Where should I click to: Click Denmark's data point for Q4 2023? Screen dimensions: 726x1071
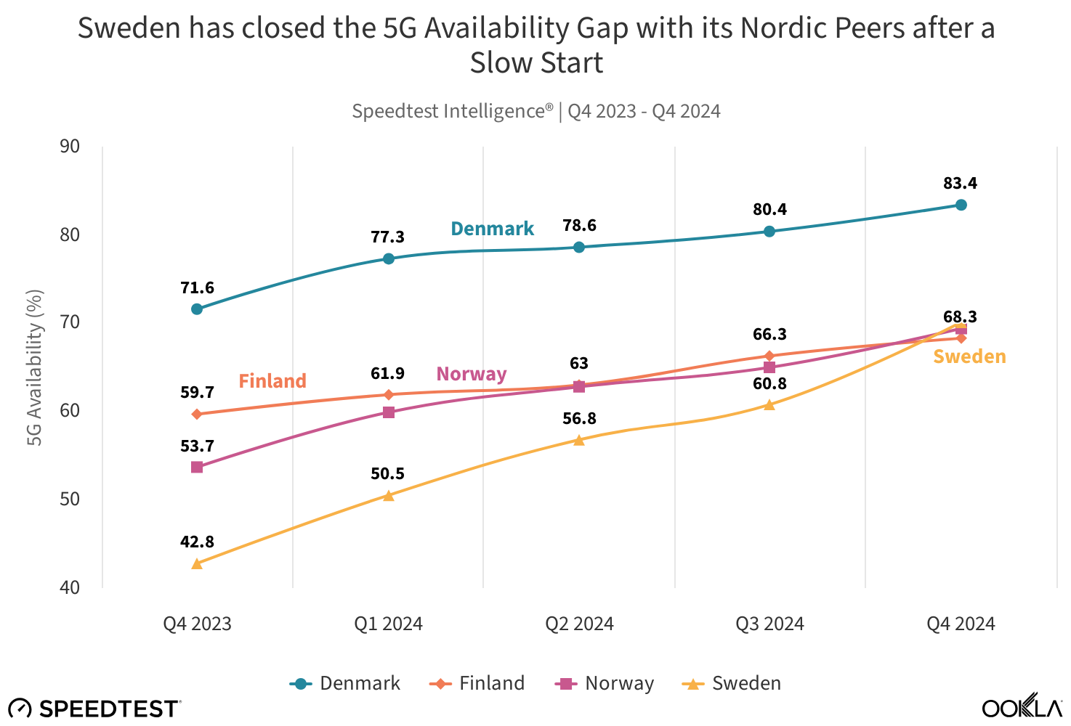coord(197,309)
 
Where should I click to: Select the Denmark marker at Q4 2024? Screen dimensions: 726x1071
coord(961,205)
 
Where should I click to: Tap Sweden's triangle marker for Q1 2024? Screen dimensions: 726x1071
coord(388,496)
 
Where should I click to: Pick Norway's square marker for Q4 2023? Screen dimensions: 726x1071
coord(197,468)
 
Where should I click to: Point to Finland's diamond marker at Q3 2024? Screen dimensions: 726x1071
coord(769,356)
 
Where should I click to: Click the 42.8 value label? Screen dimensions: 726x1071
coord(198,542)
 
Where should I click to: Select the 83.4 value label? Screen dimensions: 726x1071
coord(961,184)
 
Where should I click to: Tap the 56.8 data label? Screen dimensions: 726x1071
coord(579,419)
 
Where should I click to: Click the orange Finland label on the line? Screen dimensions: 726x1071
coord(272,381)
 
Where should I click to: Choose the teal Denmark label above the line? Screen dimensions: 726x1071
coord(492,229)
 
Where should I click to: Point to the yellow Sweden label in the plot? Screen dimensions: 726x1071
coord(969,356)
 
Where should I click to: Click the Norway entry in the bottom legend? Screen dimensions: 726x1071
coord(605,683)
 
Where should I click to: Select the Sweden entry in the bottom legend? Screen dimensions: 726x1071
coord(732,683)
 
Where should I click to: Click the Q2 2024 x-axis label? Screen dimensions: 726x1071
coord(579,624)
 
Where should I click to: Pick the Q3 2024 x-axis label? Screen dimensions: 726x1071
coord(769,624)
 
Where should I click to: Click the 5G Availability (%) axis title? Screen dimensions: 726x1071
coord(35,367)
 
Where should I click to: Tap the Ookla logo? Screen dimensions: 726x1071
coord(1022,707)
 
